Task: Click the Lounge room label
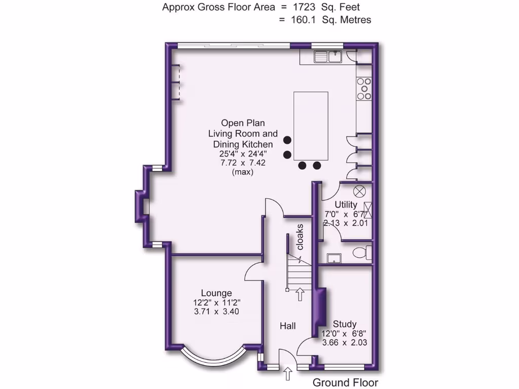216,293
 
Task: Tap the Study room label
345,324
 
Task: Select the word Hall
288,326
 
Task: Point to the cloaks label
300,237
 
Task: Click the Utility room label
346,205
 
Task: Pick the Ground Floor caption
345,382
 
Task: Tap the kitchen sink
327,57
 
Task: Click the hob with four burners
364,89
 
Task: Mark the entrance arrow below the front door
288,374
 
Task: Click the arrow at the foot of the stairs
300,294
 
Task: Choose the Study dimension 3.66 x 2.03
345,342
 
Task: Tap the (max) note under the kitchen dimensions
243,172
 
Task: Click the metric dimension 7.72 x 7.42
243,163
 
